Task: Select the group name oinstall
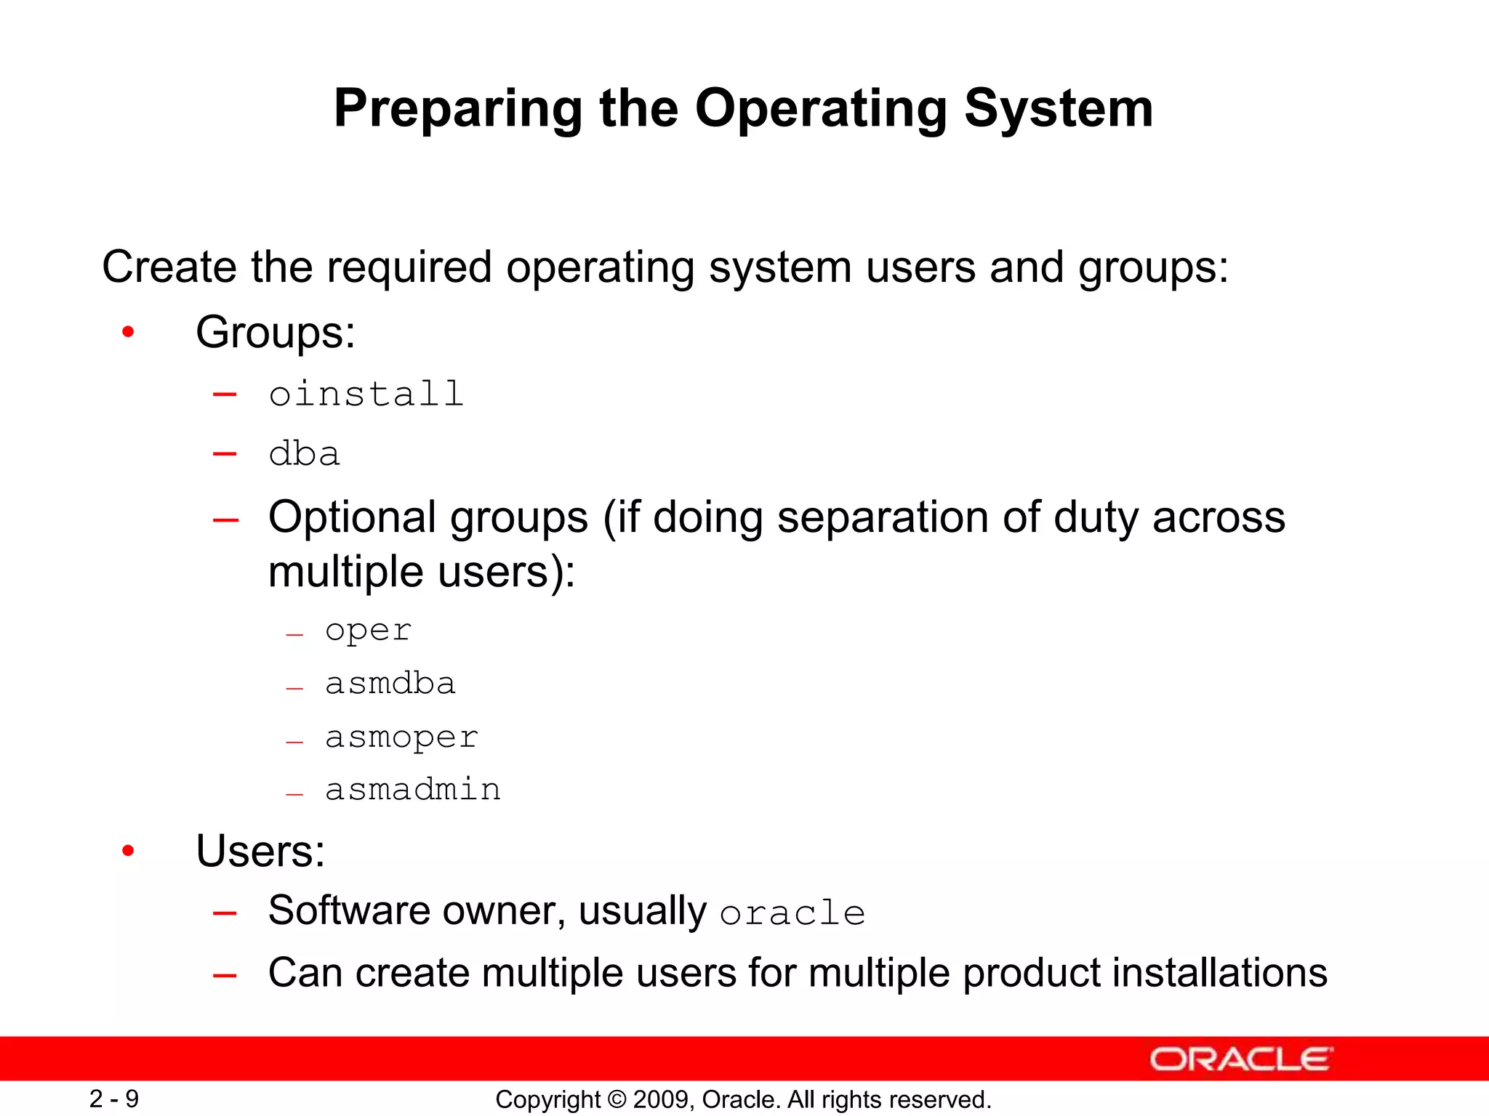coord(366,395)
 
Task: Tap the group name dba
coord(304,455)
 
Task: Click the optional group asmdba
coord(390,684)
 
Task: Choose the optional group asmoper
coord(401,737)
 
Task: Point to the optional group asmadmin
coord(412,790)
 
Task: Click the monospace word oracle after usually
coord(792,913)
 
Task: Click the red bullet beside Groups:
coord(129,333)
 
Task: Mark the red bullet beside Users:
coord(129,851)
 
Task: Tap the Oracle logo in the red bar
coord(1240,1059)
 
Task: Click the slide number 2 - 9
coord(114,1099)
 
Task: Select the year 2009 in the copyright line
coord(657,1099)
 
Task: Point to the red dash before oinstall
coord(225,395)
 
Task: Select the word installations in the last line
coord(1219,973)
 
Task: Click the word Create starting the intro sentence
coord(169,267)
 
